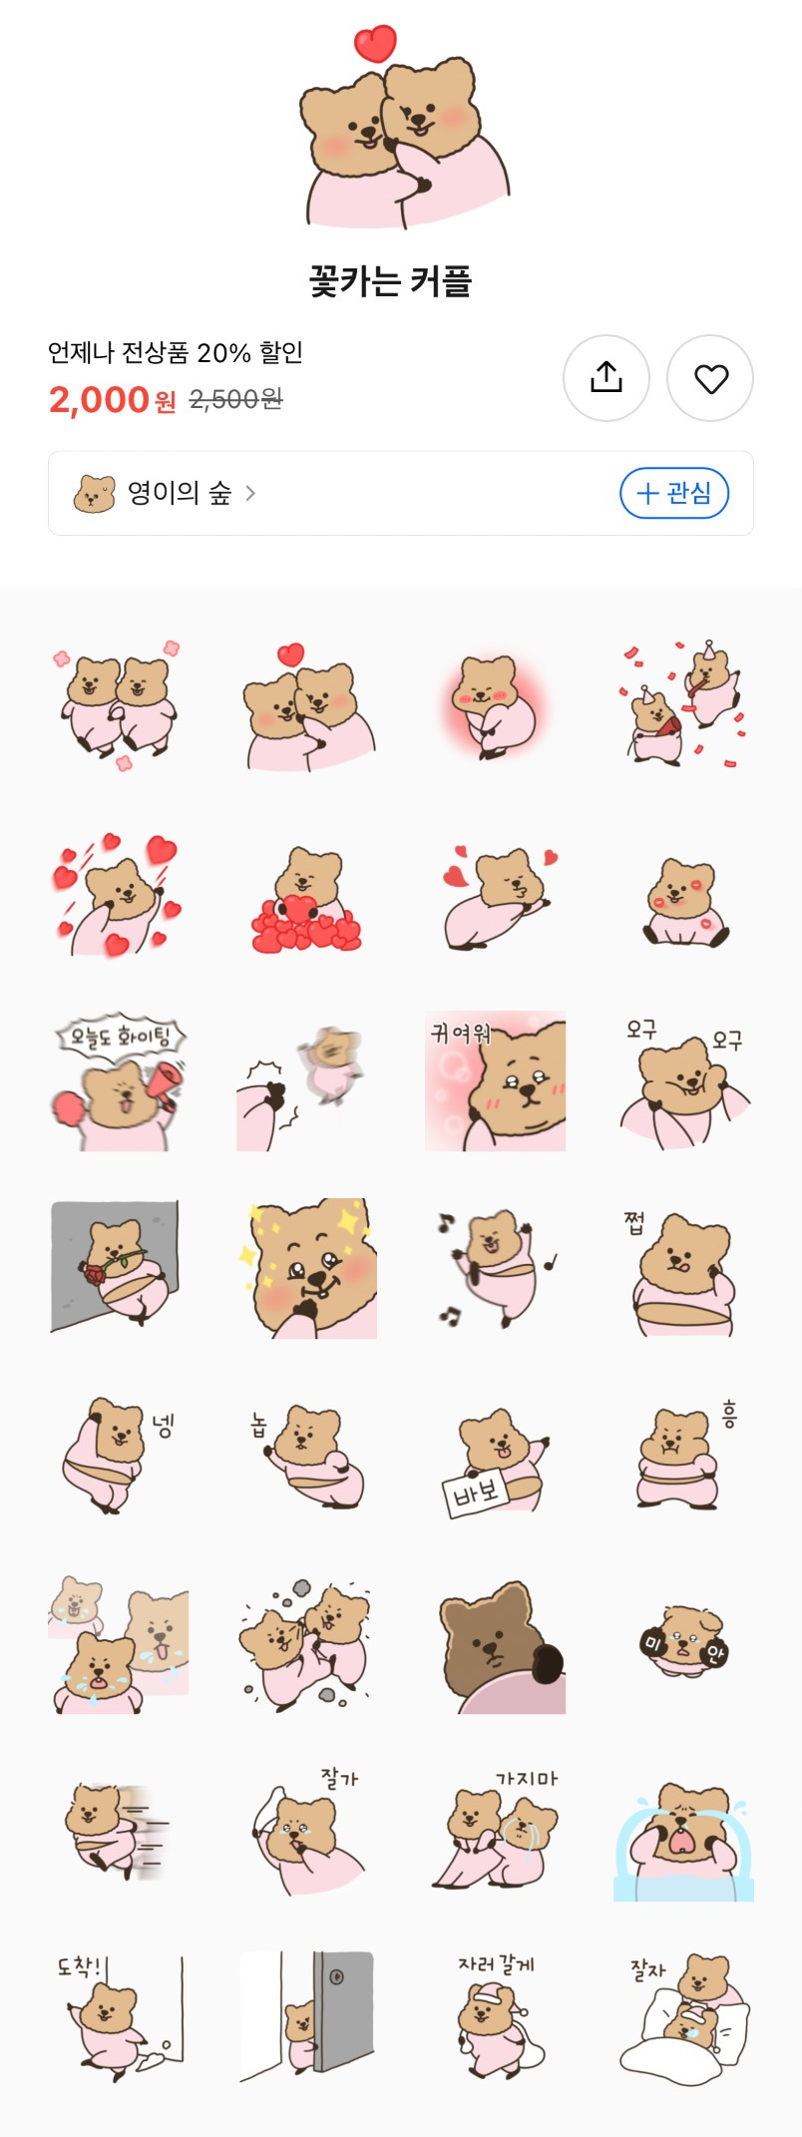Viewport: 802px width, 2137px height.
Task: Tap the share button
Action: [x=606, y=378]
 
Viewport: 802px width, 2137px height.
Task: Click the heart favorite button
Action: [x=710, y=378]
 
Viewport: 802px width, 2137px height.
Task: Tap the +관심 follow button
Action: [x=674, y=493]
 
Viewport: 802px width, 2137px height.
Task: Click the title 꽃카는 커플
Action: [x=390, y=281]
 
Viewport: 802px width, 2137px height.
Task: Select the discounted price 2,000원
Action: [x=112, y=400]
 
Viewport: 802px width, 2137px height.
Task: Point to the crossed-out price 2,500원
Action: [x=235, y=400]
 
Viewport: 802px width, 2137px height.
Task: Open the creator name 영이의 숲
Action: [x=180, y=493]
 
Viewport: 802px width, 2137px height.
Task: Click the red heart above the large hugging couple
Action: [x=375, y=43]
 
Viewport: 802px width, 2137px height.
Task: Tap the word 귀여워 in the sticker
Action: [x=460, y=1033]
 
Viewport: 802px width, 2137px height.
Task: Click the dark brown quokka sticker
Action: [x=495, y=1646]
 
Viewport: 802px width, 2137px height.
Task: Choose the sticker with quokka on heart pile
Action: [x=306, y=901]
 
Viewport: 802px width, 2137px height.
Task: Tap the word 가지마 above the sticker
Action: [x=527, y=1778]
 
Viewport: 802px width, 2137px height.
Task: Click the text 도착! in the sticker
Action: [x=79, y=1966]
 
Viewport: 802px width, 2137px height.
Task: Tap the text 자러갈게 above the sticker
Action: [x=496, y=1963]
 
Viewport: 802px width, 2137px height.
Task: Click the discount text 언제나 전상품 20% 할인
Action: [x=176, y=352]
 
